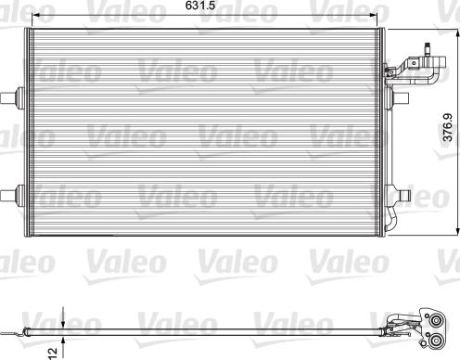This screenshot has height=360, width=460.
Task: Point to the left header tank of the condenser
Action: pyautogui.click(x=28, y=131)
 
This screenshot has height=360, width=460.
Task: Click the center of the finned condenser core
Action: pyautogui.click(x=205, y=131)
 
